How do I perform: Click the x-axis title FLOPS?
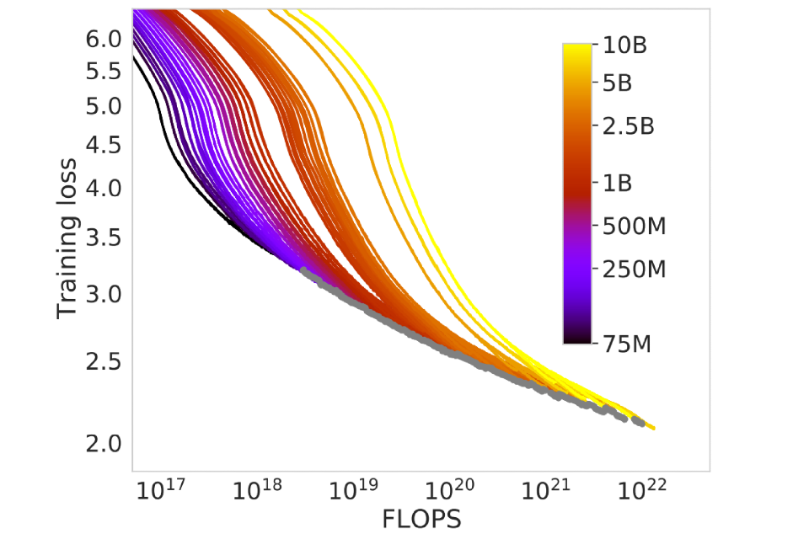[x=422, y=520]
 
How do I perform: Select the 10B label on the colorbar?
[x=624, y=45]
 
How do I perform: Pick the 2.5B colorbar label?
[x=628, y=127]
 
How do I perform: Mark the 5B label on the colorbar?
[x=619, y=84]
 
